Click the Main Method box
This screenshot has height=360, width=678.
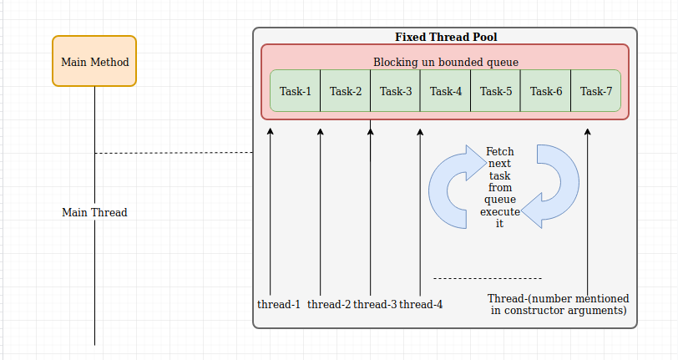pos(94,61)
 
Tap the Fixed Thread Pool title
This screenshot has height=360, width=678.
pos(446,38)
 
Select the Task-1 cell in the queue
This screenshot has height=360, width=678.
pos(296,91)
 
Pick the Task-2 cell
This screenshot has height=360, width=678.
pos(346,91)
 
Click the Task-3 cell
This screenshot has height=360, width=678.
pos(396,91)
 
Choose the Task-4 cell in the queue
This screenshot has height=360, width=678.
pos(445,91)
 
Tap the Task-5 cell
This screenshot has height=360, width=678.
pos(495,91)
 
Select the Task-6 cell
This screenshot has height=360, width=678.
pos(546,91)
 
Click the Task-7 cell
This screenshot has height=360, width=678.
pos(596,91)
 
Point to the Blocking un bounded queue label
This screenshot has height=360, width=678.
pos(446,63)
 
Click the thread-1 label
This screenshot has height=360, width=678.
pos(279,305)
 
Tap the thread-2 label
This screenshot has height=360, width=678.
pos(329,305)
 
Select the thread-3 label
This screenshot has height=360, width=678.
pos(375,305)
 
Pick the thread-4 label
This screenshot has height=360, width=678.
pos(421,305)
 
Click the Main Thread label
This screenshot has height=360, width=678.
pos(94,212)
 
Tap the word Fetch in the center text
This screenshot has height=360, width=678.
pos(500,151)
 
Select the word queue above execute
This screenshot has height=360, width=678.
pos(500,200)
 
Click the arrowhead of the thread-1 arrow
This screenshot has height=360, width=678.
pos(271,131)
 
